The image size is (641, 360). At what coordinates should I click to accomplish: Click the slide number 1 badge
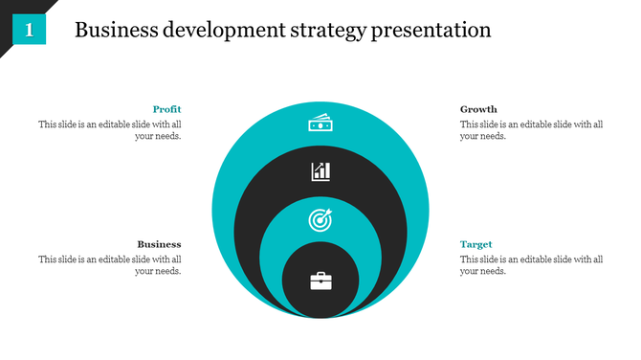click(30, 30)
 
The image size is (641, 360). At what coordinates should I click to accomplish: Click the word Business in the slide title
click(115, 30)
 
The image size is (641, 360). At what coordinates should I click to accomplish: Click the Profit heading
click(166, 109)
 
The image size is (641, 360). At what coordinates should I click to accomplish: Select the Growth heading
click(478, 109)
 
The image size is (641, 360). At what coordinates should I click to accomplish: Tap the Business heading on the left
click(159, 244)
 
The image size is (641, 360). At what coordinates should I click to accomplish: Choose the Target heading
click(476, 244)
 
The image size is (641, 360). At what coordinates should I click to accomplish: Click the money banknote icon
click(320, 124)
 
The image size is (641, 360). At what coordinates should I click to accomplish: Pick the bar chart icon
click(320, 171)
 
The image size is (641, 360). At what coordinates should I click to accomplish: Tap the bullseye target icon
click(320, 219)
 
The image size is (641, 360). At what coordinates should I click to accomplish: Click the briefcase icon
click(320, 281)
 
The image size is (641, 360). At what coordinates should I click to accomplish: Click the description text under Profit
click(110, 130)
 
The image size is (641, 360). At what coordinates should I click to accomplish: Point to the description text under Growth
click(531, 130)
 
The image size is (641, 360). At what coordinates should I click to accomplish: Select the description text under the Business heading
click(110, 265)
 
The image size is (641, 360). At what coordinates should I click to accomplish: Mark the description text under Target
click(531, 265)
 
